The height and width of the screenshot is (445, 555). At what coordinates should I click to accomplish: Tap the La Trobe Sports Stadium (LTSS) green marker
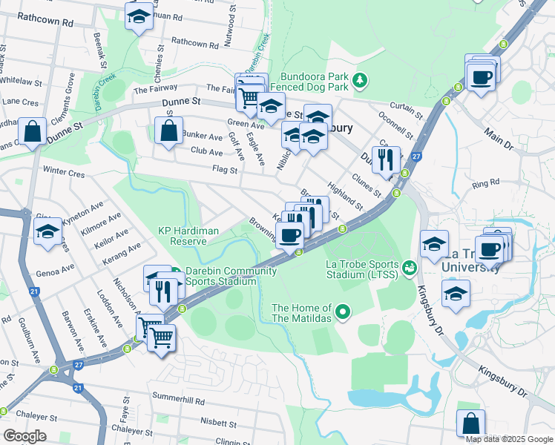click(408, 266)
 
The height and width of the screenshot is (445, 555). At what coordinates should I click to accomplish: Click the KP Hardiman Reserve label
click(188, 235)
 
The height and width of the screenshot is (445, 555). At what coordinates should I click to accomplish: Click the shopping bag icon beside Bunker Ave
click(169, 130)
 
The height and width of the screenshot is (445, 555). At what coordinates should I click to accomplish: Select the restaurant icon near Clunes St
click(386, 159)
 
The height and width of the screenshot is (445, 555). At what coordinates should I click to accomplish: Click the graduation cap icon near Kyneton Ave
click(48, 231)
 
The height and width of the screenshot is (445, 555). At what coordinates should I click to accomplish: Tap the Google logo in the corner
click(24, 435)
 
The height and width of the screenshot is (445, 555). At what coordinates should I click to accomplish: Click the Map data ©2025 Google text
click(509, 438)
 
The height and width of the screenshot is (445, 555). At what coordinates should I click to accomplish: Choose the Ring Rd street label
click(485, 182)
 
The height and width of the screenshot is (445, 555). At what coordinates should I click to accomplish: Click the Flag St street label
click(224, 170)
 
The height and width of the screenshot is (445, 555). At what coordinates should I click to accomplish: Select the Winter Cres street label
click(65, 171)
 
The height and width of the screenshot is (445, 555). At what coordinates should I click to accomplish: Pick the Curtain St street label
click(407, 111)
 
